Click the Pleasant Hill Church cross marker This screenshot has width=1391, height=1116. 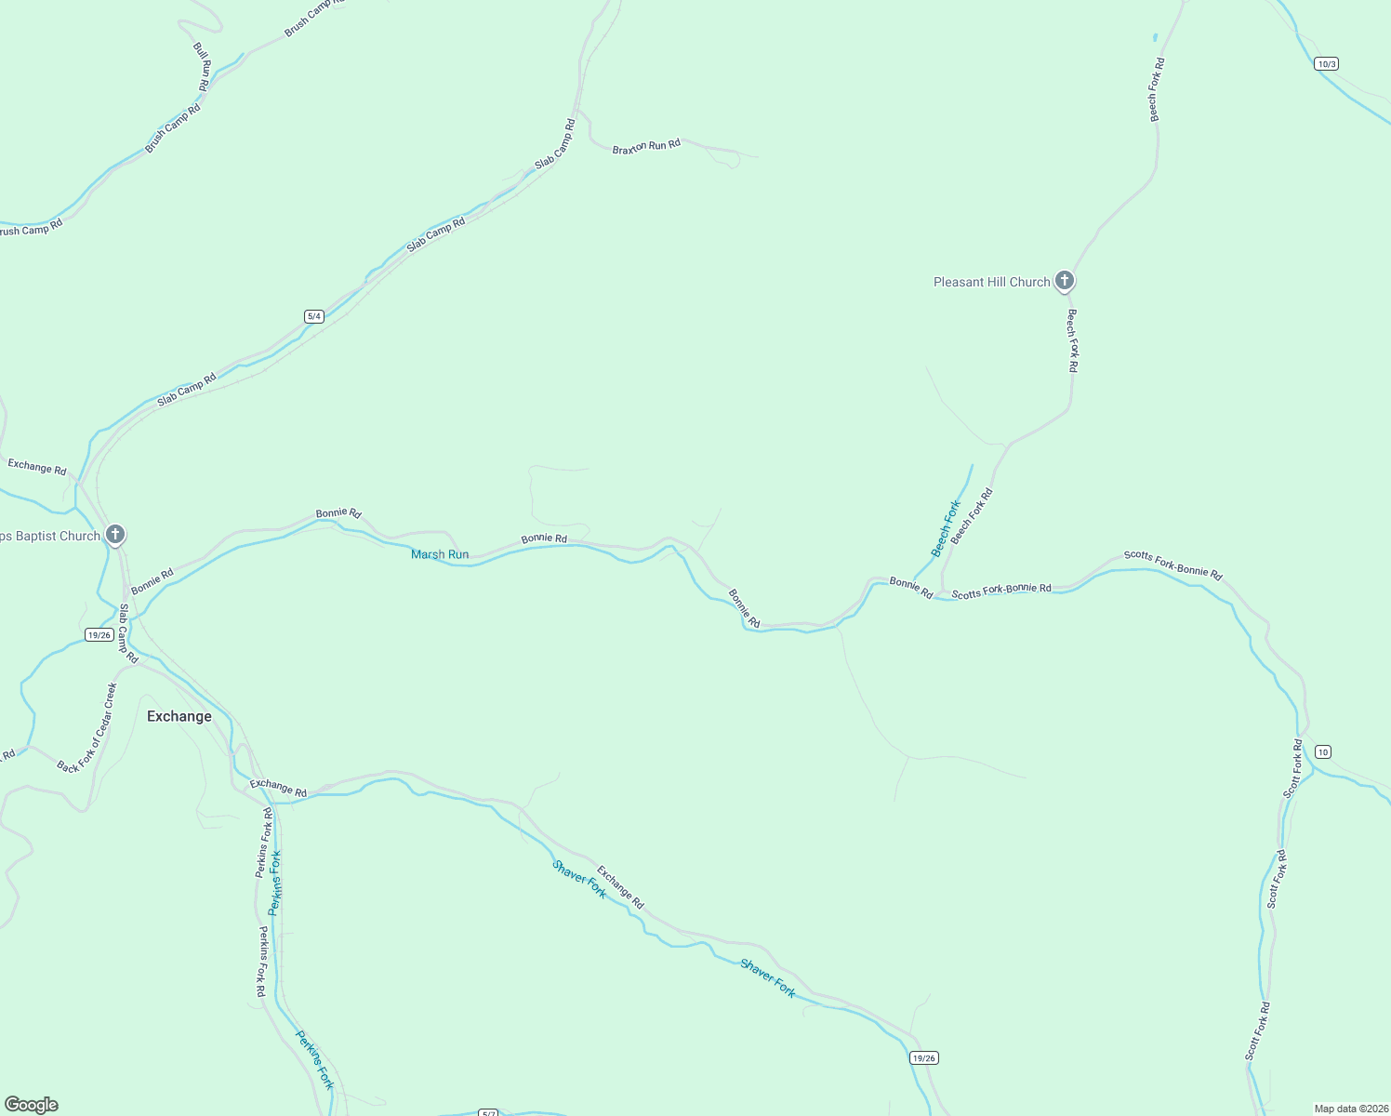coord(1065,280)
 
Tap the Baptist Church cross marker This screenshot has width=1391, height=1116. coord(115,535)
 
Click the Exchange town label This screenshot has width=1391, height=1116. coord(179,716)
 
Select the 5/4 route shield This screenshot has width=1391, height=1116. coord(313,316)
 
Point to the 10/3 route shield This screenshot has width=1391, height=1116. coord(1327,64)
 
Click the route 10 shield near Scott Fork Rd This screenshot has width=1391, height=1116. coord(1323,751)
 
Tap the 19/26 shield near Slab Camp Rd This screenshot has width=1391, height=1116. coord(99,634)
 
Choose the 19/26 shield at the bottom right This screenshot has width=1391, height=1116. coord(924,1057)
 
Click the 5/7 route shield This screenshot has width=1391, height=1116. coord(489,1112)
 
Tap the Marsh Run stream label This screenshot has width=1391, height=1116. coord(440,554)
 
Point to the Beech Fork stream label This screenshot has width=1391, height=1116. coord(947,528)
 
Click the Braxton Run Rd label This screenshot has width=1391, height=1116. coord(646,146)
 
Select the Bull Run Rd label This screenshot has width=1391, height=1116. coord(203,65)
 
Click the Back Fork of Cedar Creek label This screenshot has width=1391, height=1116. coord(87,728)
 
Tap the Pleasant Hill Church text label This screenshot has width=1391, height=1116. coord(991,282)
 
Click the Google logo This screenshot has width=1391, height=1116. coord(32,1105)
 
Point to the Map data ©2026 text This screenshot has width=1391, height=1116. coord(1350,1109)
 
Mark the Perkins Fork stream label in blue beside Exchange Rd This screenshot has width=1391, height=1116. coord(274,883)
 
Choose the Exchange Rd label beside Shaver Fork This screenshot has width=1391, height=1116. coord(620,887)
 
